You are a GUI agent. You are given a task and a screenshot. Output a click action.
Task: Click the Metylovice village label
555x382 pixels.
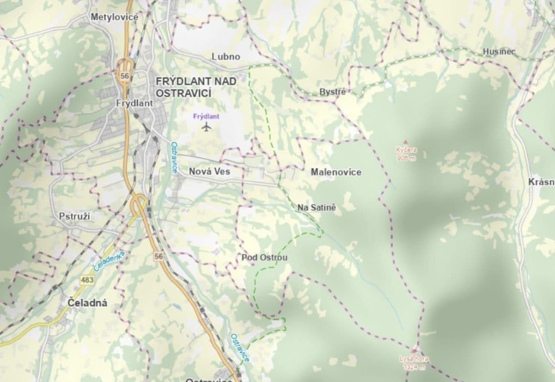point(114,17)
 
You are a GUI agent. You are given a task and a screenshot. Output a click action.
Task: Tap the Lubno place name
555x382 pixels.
point(226,56)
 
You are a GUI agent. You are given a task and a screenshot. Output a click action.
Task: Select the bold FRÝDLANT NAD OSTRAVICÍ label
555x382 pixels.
point(196,86)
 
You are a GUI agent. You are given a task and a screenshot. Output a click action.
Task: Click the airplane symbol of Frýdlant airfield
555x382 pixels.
point(206,127)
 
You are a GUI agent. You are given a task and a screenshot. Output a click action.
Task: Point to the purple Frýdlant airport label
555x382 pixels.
point(206,116)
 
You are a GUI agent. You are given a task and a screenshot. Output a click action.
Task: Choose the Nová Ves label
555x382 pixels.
point(209,171)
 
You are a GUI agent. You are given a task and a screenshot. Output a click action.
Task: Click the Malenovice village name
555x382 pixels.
point(336,172)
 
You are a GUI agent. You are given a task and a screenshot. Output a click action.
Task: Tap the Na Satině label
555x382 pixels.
point(317,208)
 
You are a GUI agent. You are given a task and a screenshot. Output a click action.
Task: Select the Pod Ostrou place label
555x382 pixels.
point(265,258)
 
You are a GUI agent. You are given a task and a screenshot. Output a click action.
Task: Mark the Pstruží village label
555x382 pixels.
point(75,216)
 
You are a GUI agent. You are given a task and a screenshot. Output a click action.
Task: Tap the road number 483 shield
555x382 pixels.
point(87,280)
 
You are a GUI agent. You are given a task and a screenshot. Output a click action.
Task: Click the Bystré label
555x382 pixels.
point(332,92)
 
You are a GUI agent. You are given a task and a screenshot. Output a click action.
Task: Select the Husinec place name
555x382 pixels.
point(499,52)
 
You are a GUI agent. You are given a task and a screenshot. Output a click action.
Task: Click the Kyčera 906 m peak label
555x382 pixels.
point(406,154)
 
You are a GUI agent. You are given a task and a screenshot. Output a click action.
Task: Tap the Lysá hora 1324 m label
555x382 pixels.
point(414,363)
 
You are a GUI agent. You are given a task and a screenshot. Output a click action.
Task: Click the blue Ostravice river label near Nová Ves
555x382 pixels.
point(174,158)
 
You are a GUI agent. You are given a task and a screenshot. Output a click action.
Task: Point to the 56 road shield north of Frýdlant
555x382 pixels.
point(125,76)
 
